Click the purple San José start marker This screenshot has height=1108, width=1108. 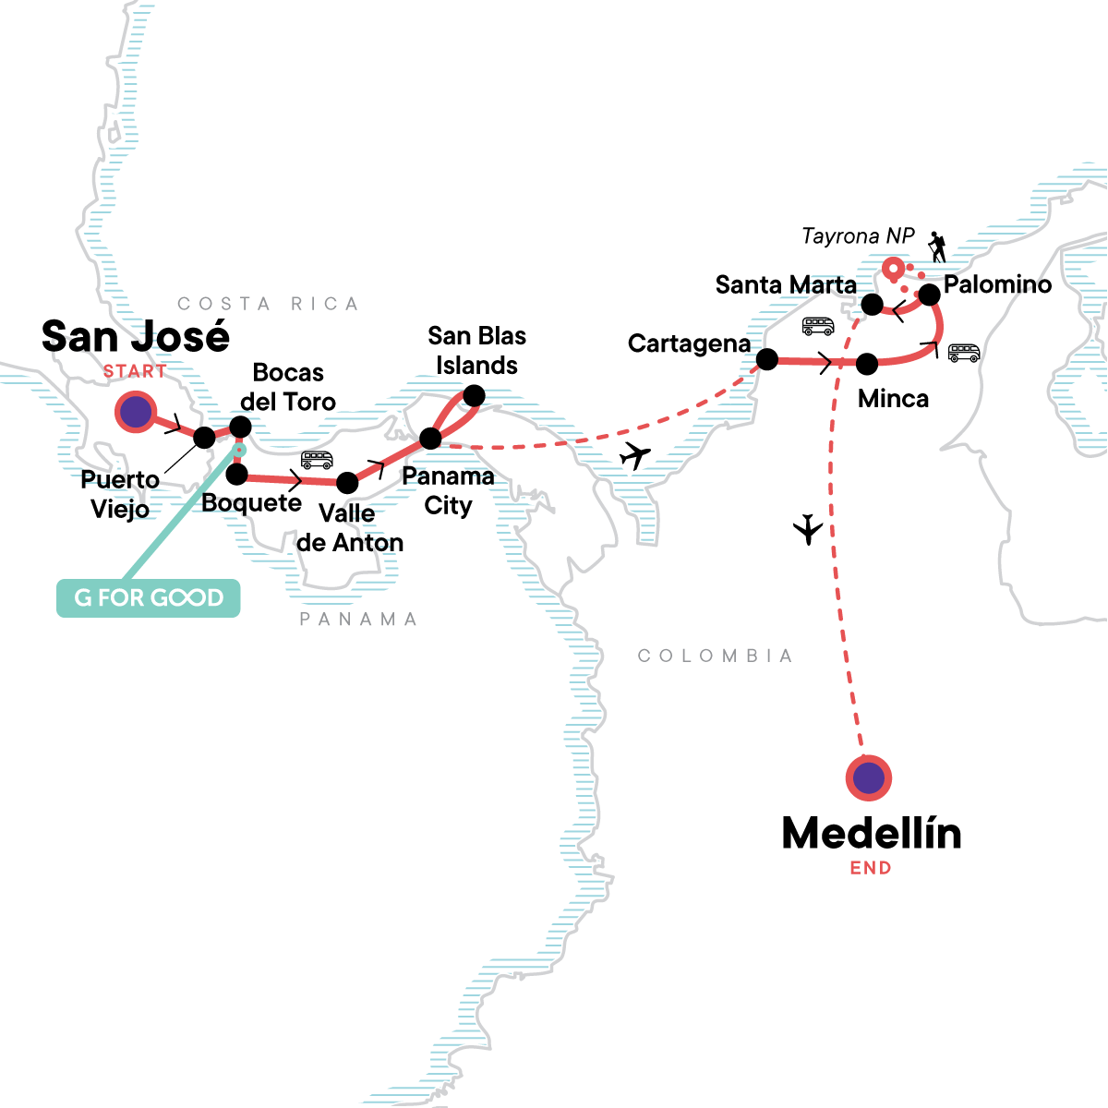click(137, 413)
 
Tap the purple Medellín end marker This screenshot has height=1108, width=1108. click(868, 778)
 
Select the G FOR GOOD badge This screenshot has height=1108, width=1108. click(149, 598)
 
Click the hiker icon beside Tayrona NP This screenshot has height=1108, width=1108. click(937, 247)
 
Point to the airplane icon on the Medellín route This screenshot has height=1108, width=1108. click(808, 529)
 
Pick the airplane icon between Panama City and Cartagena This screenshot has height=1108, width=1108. click(635, 455)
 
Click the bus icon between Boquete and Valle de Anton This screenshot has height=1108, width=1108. click(317, 459)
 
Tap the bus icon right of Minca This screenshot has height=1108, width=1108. click(963, 353)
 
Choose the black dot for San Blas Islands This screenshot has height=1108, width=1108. click(474, 396)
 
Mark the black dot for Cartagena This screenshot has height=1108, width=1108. click(766, 359)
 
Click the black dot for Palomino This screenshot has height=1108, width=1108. click(929, 295)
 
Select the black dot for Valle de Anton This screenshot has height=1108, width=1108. click(347, 483)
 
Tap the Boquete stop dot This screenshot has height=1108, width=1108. click(237, 475)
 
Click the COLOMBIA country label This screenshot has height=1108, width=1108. click(715, 656)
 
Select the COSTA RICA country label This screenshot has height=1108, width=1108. click(268, 304)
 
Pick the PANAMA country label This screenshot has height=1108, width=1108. click(358, 619)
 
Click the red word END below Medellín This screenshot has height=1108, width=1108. click(871, 868)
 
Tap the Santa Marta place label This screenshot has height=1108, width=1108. click(786, 284)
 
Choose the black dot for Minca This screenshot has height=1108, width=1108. click(867, 364)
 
